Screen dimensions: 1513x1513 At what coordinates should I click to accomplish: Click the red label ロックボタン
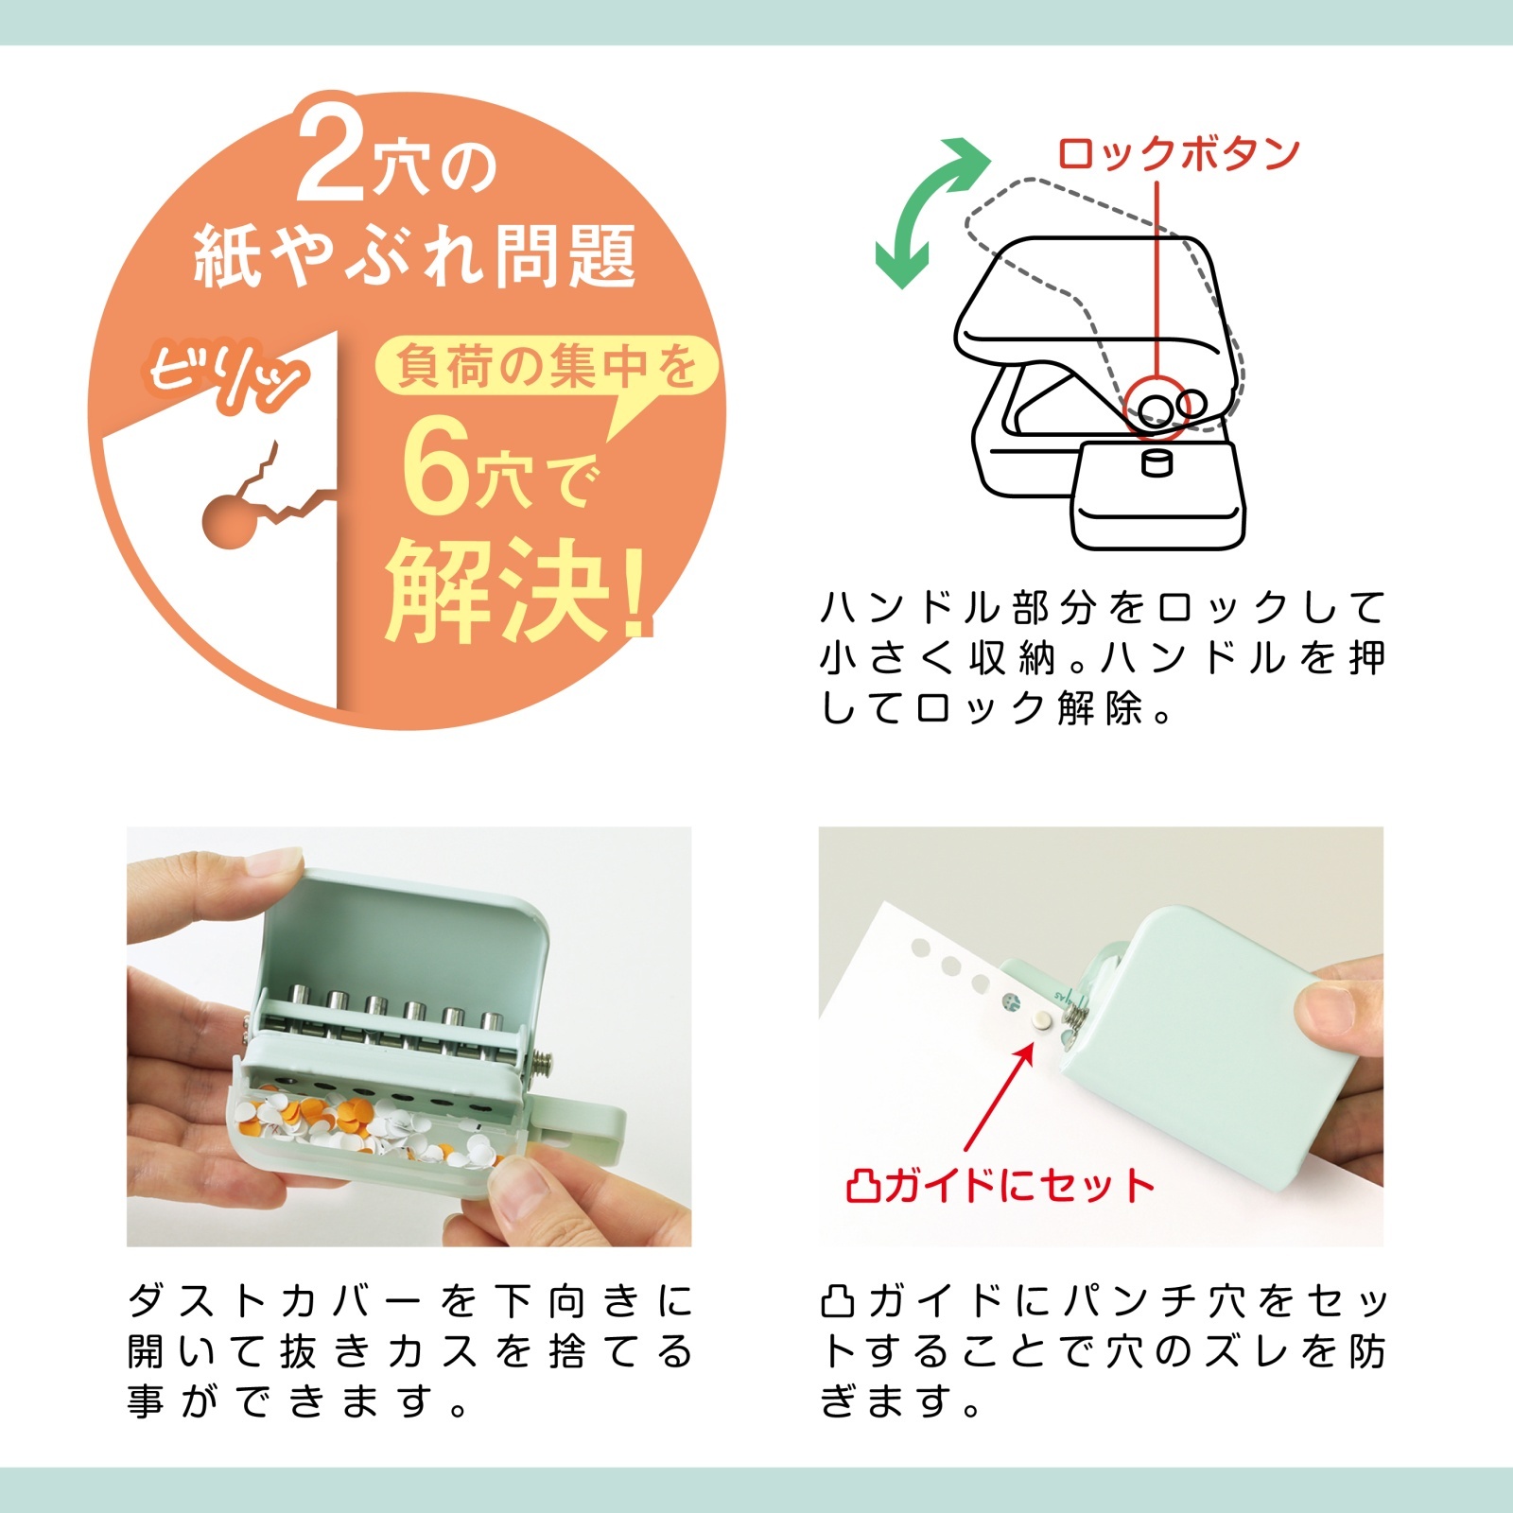click(1178, 154)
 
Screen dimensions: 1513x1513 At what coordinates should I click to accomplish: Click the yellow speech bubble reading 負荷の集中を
click(546, 366)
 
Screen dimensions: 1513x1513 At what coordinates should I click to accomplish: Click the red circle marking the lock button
click(1156, 409)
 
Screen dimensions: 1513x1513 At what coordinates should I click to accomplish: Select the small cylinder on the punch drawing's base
click(1156, 463)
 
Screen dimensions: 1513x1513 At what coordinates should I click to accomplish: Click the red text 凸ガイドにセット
click(1000, 1185)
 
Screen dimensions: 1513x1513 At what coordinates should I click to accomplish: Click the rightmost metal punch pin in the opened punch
click(491, 1023)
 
